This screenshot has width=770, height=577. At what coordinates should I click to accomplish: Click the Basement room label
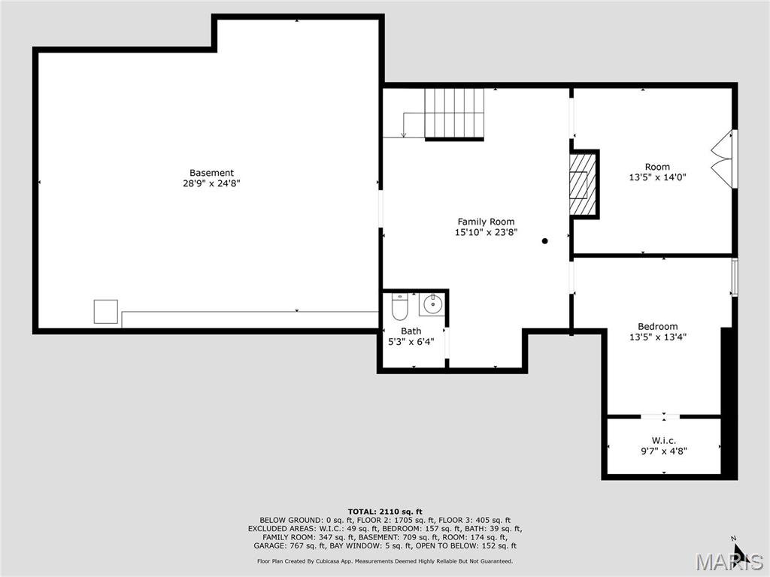pyautogui.click(x=211, y=173)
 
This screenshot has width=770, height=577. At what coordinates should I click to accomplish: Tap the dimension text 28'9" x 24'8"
pyautogui.click(x=211, y=183)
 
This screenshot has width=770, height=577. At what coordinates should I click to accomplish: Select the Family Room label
pyautogui.click(x=486, y=222)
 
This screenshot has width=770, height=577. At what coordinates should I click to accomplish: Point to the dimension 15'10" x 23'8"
pyautogui.click(x=486, y=233)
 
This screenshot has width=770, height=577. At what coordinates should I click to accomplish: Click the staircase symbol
pyautogui.click(x=454, y=113)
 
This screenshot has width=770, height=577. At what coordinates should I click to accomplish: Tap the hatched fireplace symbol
pyautogui.click(x=581, y=184)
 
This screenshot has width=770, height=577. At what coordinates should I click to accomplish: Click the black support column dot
pyautogui.click(x=545, y=241)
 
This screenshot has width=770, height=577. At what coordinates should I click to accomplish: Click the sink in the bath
pyautogui.click(x=432, y=304)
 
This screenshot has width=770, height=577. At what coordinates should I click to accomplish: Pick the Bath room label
pyautogui.click(x=411, y=331)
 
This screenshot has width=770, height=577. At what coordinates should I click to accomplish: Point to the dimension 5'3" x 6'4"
pyautogui.click(x=411, y=342)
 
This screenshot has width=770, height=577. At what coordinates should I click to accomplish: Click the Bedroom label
pyautogui.click(x=657, y=327)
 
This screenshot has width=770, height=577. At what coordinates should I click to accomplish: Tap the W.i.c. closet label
pyautogui.click(x=663, y=440)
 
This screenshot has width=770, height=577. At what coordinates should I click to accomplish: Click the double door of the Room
pyautogui.click(x=723, y=159)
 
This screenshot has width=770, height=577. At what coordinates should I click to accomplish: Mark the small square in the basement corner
pyautogui.click(x=105, y=311)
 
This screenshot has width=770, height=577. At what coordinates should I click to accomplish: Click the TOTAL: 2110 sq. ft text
pyautogui.click(x=384, y=512)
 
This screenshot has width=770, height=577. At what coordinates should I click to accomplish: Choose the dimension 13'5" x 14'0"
pyautogui.click(x=657, y=178)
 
